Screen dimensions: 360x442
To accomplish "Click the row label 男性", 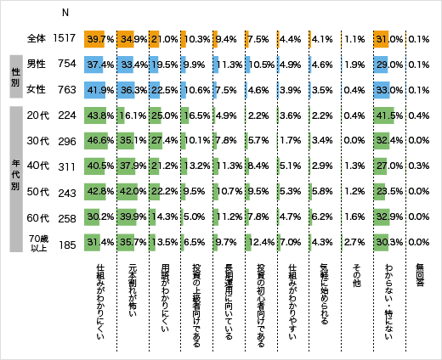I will pos(37,64).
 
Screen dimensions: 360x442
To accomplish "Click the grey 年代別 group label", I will pos(14,179).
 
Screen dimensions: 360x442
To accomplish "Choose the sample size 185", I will pos(66,246).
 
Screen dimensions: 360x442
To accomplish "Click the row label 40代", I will pos(37,165).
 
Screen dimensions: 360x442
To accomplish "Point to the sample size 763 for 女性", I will pos(66,88).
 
